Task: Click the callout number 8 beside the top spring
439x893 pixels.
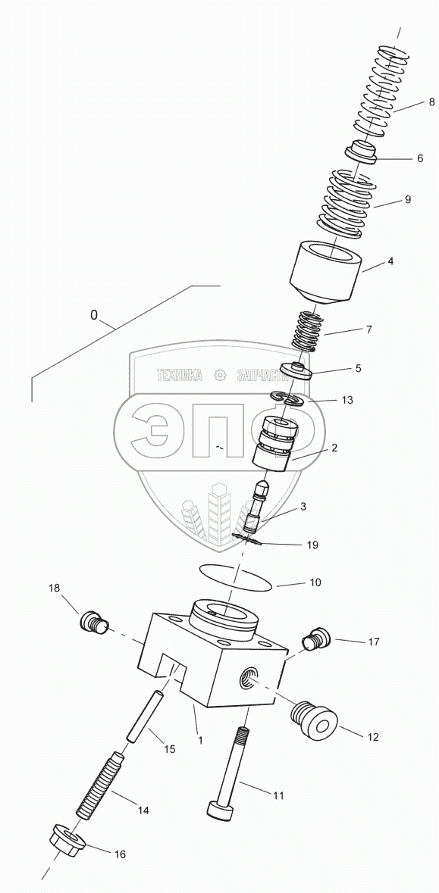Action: pos(431,103)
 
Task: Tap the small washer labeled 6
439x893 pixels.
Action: pos(362,152)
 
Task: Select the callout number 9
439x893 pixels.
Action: pos(408,199)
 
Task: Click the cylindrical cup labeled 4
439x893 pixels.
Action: pos(326,272)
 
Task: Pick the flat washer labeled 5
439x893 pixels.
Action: pos(298,370)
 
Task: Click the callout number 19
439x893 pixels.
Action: pos(312,545)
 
